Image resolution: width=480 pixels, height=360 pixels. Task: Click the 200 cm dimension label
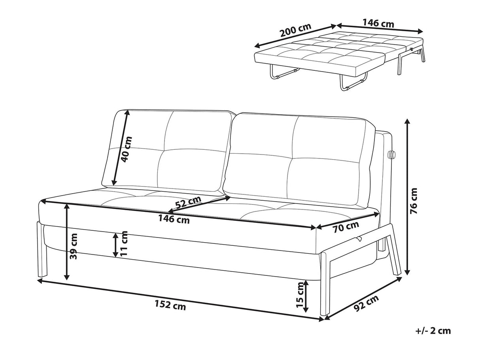(295, 30)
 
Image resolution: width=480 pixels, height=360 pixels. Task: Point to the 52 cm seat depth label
(188, 203)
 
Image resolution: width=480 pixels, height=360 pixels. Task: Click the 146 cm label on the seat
(174, 219)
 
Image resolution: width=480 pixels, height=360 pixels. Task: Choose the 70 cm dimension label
(346, 227)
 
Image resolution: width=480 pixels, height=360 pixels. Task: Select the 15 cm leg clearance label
(300, 297)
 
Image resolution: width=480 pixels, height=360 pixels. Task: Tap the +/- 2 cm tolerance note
(433, 331)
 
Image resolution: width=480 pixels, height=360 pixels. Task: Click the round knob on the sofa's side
(393, 155)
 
